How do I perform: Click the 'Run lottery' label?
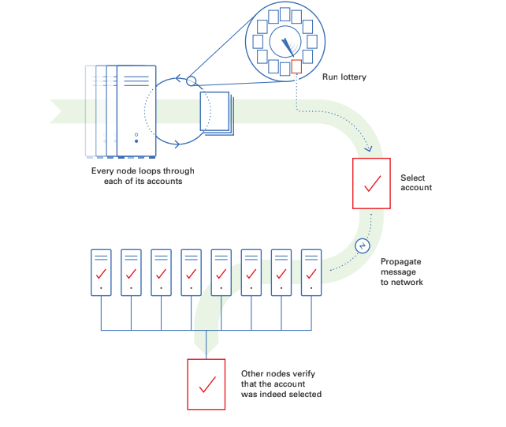tap(344, 77)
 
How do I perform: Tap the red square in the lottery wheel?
tap(296, 67)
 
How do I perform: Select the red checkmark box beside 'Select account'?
tap(371, 184)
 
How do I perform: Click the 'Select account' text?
tap(416, 183)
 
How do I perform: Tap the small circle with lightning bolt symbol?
tap(363, 245)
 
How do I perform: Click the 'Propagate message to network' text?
tap(402, 272)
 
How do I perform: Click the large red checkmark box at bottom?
tap(206, 384)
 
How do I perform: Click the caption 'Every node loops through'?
tap(143, 170)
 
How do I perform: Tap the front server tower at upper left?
tap(137, 110)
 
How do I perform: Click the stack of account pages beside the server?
tap(216, 111)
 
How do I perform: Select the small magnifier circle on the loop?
tap(191, 81)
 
